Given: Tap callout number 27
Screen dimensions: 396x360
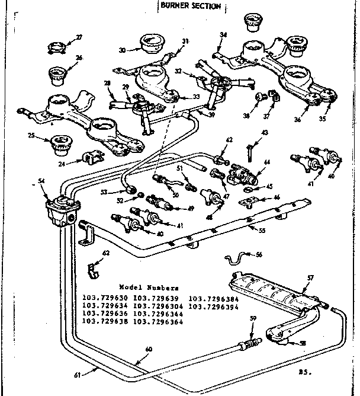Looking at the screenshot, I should click(79, 38).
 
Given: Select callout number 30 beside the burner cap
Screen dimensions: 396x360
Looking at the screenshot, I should click(122, 50).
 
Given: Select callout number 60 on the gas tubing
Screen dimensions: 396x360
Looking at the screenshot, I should click(149, 349).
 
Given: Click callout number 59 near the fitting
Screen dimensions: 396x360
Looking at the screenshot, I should click(253, 320).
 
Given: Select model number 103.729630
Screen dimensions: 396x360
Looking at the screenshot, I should click(105, 298).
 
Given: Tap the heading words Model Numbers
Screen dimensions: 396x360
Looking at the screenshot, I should click(144, 286).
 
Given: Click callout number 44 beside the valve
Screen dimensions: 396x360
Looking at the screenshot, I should click(267, 161).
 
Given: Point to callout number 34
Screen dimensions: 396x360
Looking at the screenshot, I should click(223, 35).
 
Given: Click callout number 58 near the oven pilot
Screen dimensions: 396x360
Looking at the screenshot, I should click(304, 343).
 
